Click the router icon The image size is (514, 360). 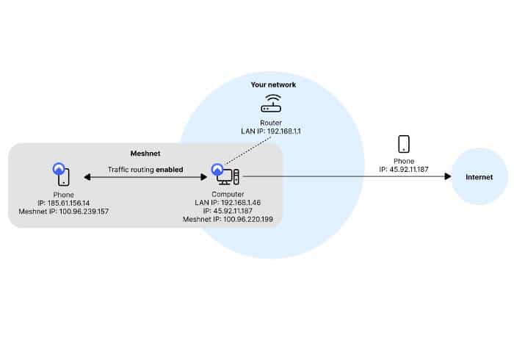click(272, 104)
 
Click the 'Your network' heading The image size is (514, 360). click(272, 85)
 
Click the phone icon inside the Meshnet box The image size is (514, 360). click(64, 175)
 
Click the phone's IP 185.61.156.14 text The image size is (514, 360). click(63, 202)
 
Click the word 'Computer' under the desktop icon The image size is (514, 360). click(227, 193)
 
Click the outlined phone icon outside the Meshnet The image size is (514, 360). click(403, 143)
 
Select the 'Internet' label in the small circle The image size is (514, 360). click(479, 177)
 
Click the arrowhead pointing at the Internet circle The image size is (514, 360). click(447, 177)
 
